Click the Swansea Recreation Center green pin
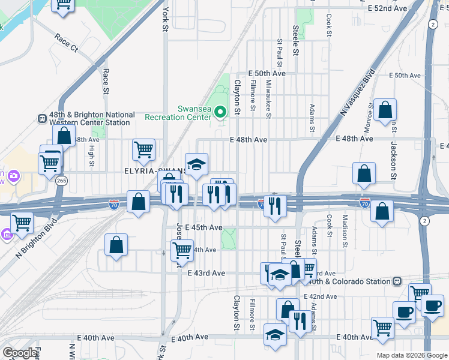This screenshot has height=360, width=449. [x=220, y=112]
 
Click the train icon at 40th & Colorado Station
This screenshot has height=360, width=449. [x=397, y=281]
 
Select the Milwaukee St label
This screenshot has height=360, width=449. [x=268, y=98]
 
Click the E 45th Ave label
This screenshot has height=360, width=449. [x=204, y=228]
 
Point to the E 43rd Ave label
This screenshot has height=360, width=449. [x=206, y=273]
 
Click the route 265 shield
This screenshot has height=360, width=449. [x=60, y=180]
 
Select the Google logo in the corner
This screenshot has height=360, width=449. [x=20, y=353]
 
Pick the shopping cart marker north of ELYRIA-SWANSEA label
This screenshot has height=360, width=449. [x=144, y=150]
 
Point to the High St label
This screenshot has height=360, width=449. [x=92, y=153]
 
